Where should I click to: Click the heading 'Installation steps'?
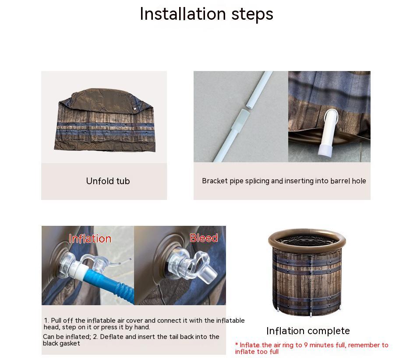coord(206,14)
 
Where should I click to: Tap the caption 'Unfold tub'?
coord(108,181)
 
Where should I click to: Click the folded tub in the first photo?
coord(105,120)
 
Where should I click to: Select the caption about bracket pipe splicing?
coord(284,181)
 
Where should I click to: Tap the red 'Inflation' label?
coord(90,239)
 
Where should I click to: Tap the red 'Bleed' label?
coord(204,238)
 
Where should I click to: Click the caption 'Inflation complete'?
coord(308,331)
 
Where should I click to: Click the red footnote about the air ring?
coord(311,348)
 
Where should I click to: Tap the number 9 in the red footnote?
coord(306,345)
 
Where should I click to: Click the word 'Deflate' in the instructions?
coord(112,337)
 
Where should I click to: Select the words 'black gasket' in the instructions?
coord(61,343)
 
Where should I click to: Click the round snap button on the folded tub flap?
coord(135,109)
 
